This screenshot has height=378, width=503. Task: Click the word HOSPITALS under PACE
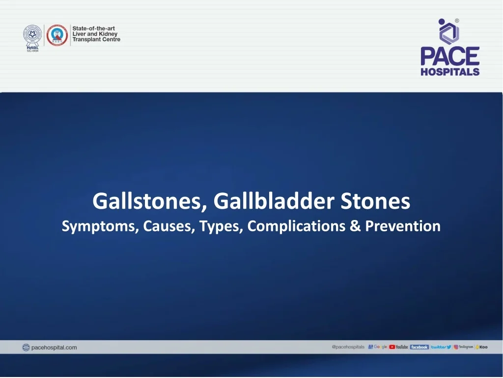coord(449,71)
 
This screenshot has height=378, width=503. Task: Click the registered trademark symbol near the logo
coord(457,21)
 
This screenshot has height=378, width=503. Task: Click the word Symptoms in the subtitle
coord(100,226)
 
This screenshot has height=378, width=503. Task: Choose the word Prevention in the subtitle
coord(402,226)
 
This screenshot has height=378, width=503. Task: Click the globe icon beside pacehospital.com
coord(26,347)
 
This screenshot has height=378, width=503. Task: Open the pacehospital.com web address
coord(54,347)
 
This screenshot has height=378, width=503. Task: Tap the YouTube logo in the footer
coord(398,347)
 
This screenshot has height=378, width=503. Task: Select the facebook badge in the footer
coord(419,347)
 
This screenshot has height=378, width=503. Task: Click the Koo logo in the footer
coord(481,347)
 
